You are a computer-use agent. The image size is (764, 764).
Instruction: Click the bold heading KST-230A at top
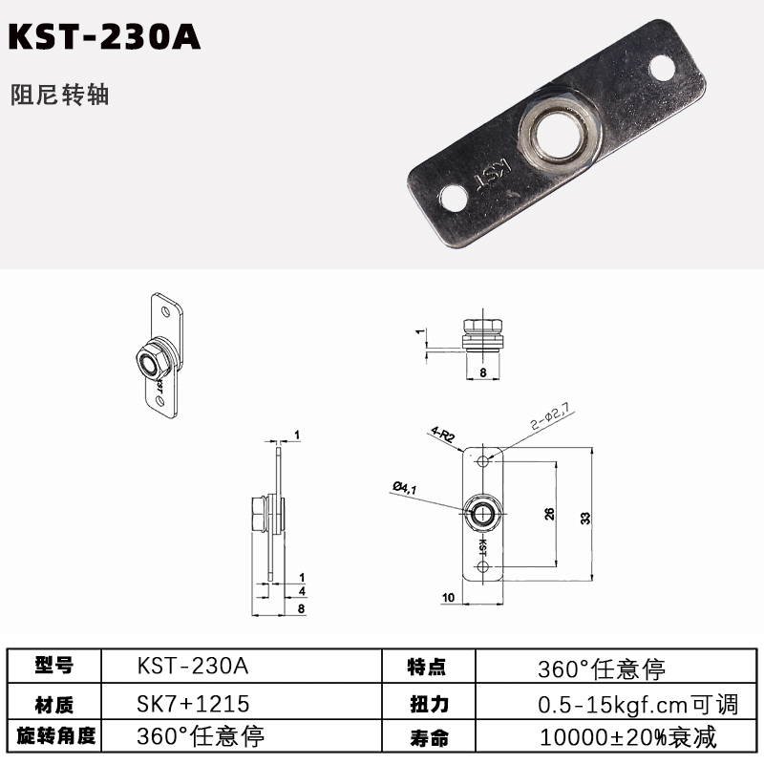[104, 36]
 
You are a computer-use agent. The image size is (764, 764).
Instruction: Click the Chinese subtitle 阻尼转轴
[59, 95]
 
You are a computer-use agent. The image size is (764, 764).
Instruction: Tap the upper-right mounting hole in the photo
[662, 68]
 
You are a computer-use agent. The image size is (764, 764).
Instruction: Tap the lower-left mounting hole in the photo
[452, 199]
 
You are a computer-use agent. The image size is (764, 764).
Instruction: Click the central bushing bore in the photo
[558, 133]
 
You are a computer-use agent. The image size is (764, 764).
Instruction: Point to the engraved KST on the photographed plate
[493, 176]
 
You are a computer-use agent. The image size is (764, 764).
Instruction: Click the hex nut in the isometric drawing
[153, 362]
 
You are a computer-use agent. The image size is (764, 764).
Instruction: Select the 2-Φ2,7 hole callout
[550, 417]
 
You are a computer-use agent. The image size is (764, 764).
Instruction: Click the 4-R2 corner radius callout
[443, 434]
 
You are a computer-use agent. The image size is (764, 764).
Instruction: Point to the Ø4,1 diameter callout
[405, 487]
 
